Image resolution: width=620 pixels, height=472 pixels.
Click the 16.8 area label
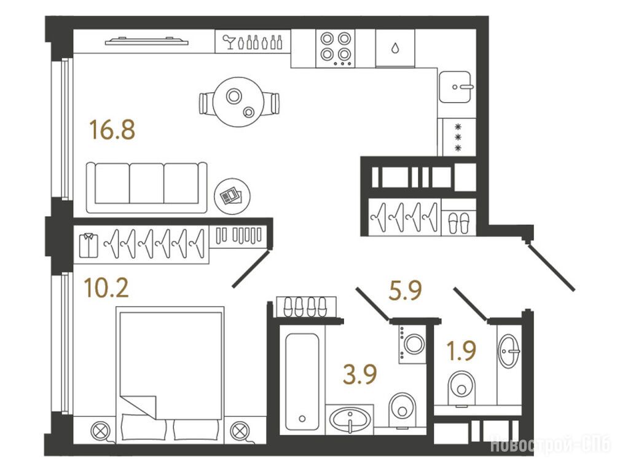click(x=112, y=130)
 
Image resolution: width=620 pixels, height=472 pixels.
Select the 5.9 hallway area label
click(x=406, y=291)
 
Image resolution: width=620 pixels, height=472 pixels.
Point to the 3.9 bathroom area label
click(x=360, y=374)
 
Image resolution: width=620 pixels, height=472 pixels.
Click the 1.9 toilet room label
click(x=461, y=350)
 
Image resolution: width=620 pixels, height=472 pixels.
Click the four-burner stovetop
click(x=336, y=49)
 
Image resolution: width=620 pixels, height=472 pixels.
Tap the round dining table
click(x=238, y=102)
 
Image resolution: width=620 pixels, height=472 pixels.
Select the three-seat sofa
click(x=147, y=187)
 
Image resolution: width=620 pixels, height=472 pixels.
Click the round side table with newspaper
click(x=232, y=196)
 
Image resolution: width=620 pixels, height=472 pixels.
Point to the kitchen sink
click(x=455, y=87)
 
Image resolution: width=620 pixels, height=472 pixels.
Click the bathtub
click(x=302, y=382)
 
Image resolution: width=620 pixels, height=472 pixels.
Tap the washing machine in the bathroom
click(x=412, y=344)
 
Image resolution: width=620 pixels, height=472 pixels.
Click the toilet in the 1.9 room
click(x=461, y=388)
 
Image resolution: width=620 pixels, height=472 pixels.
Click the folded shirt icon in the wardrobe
click(x=88, y=245)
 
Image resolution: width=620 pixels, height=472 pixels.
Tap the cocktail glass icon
click(x=229, y=42)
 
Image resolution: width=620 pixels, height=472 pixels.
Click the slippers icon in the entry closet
click(x=458, y=222)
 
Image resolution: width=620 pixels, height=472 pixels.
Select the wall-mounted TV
click(x=146, y=41)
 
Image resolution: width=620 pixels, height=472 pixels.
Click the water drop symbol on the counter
click(x=394, y=49)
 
